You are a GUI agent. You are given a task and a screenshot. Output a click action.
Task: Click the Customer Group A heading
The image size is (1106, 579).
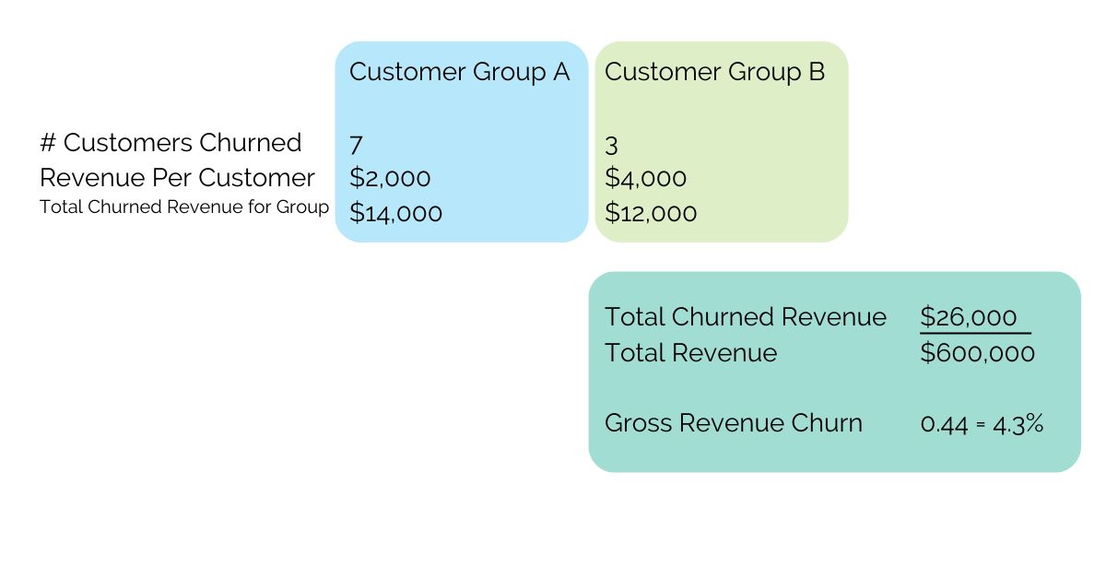[x=459, y=73]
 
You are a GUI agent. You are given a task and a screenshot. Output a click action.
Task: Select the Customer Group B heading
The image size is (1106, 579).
[x=714, y=73]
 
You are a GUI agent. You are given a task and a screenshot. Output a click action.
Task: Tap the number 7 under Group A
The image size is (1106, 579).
[x=356, y=146]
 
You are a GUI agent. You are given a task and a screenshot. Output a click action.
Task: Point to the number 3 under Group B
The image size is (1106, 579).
[x=611, y=146]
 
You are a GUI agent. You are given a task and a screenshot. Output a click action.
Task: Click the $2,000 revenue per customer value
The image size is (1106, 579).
[x=390, y=178]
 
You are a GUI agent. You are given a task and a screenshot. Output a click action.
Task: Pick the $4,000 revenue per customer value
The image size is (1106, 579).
[x=645, y=178]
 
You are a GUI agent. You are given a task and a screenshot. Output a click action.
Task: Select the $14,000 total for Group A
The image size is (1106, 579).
[x=395, y=213]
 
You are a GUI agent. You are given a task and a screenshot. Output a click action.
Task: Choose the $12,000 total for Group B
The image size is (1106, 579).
[x=651, y=213]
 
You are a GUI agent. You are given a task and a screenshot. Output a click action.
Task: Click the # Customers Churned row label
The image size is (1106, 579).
[x=171, y=143]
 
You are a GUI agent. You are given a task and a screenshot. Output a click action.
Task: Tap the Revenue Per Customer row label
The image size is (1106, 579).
[x=177, y=178]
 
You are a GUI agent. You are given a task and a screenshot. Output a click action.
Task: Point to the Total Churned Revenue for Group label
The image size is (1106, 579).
[x=184, y=207]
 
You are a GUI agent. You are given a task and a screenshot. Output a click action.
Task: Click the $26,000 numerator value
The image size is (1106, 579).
[x=969, y=316]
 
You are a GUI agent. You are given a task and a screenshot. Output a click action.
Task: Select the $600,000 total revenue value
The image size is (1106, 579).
[x=977, y=353]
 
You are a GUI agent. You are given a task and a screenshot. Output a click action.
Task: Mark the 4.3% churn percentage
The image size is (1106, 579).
[x=1018, y=424]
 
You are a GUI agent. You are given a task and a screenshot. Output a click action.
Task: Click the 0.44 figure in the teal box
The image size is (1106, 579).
[x=944, y=424]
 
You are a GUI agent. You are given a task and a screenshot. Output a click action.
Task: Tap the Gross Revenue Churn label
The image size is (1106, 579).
[x=734, y=423]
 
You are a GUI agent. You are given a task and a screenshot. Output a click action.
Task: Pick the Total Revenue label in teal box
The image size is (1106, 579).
[x=690, y=353]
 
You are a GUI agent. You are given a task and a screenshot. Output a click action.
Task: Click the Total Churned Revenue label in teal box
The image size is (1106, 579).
[x=746, y=316]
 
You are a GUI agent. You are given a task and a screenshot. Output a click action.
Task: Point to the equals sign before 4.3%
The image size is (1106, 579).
[x=981, y=424]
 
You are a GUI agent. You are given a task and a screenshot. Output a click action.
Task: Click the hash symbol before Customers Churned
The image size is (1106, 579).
[x=48, y=143]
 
